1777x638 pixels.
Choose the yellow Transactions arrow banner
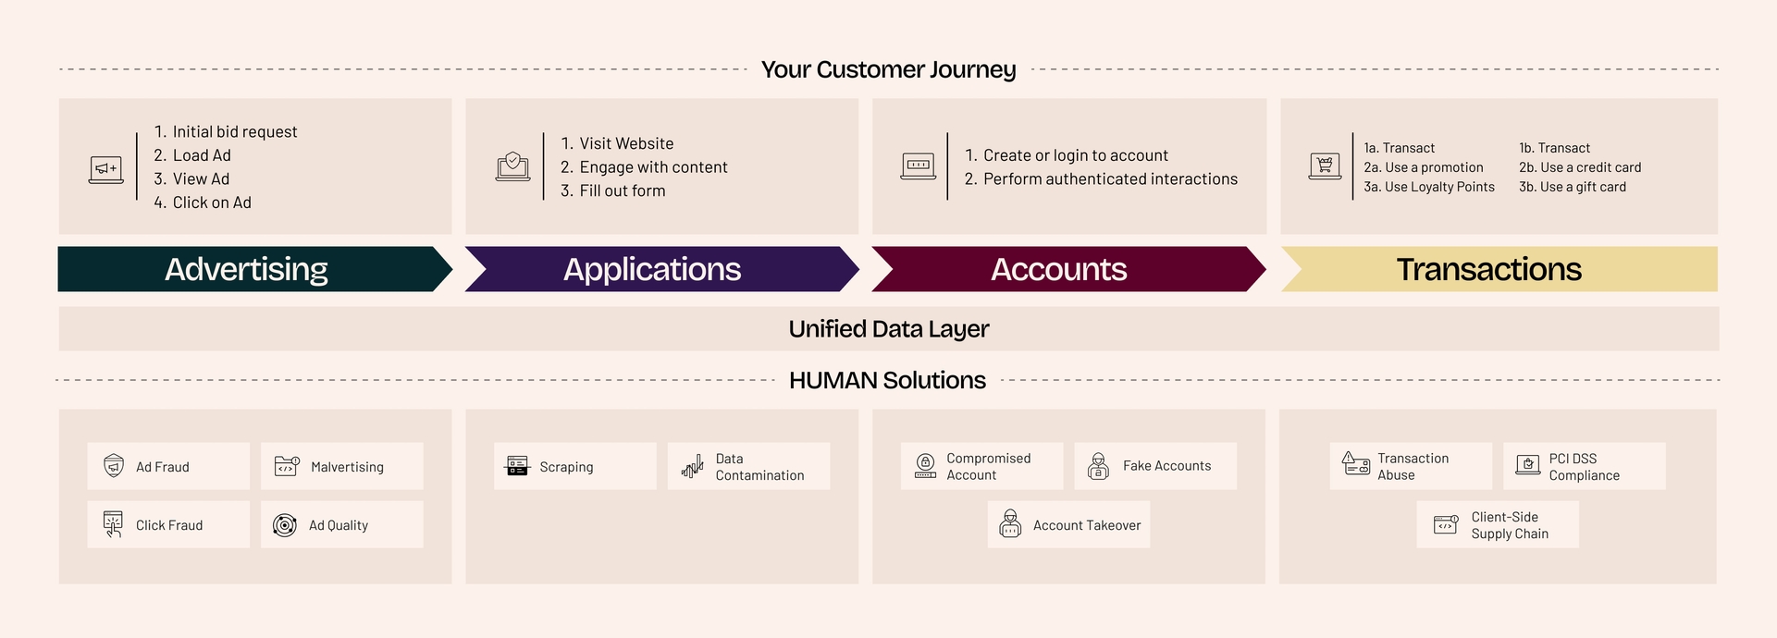pos(1499,269)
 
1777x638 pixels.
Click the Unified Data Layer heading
pos(889,329)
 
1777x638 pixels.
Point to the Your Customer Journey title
pos(888,69)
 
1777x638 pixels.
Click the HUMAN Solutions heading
pos(887,380)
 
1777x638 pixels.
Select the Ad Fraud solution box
pos(168,466)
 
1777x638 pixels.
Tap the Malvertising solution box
pos(341,466)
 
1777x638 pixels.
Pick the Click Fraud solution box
pos(168,524)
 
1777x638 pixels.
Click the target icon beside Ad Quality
pos(285,525)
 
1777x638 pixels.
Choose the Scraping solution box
pos(574,466)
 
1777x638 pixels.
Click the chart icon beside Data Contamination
pos(692,466)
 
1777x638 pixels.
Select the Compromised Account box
pos(981,466)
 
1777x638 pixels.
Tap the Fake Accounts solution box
pos(1155,466)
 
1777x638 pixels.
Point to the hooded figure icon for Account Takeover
pos(1010,523)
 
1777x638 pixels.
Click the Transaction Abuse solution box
pos(1411,466)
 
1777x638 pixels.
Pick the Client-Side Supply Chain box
pos(1498,524)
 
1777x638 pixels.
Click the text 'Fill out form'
pos(623,190)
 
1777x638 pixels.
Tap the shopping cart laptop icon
pos(1325,166)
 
